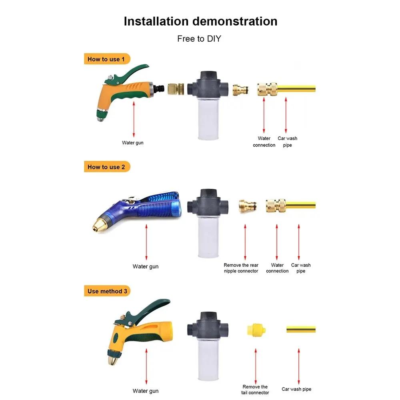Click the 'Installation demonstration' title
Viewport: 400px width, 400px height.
[x=200, y=22]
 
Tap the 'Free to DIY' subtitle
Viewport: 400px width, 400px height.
[x=199, y=39]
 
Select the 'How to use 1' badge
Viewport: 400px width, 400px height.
[x=107, y=59]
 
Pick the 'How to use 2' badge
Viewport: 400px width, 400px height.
[x=107, y=167]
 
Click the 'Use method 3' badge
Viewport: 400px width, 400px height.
[x=107, y=291]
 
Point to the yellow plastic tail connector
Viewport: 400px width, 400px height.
[x=256, y=330]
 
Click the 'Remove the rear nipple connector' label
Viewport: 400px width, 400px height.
[x=241, y=268]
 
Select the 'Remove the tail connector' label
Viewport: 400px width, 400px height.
[x=255, y=390]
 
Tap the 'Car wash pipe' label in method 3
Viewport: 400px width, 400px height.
[x=296, y=389]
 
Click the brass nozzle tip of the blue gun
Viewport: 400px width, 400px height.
[x=98, y=225]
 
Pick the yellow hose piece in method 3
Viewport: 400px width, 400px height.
[x=301, y=329]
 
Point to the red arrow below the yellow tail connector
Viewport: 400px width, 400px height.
[x=256, y=366]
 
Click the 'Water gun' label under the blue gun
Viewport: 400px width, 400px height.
[x=146, y=266]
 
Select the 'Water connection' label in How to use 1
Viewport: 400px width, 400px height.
[x=264, y=142]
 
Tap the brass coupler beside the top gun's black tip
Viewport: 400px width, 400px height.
[x=176, y=88]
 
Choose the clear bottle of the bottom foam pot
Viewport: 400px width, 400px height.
[x=208, y=360]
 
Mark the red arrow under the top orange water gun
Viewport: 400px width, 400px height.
[x=134, y=119]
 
